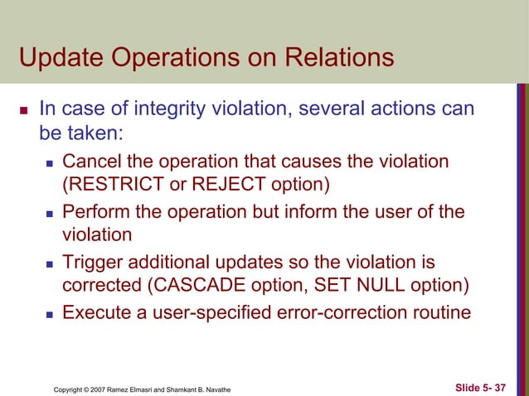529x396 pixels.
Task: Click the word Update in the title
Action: [x=61, y=60]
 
